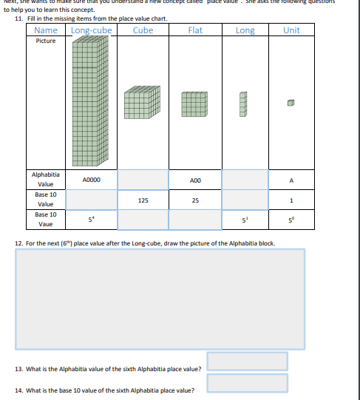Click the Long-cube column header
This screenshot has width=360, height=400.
(92, 30)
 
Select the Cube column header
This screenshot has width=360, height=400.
(143, 30)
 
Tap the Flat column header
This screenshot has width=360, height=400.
(195, 30)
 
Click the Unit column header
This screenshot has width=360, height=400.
(291, 30)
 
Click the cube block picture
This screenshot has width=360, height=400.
(143, 103)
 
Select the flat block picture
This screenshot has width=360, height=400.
(194, 104)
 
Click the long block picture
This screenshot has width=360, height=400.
(243, 104)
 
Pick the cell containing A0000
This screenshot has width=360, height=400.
(92, 180)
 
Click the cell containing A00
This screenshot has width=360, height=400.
(195, 180)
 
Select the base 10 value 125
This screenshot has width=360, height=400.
(143, 200)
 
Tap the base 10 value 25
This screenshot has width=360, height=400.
(195, 200)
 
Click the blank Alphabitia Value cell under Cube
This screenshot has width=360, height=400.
(143, 180)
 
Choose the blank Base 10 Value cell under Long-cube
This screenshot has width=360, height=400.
(92, 200)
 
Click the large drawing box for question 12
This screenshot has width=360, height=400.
(160, 298)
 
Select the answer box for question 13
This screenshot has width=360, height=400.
(247, 361)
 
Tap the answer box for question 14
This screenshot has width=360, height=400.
(247, 383)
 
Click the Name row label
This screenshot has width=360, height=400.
(46, 30)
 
